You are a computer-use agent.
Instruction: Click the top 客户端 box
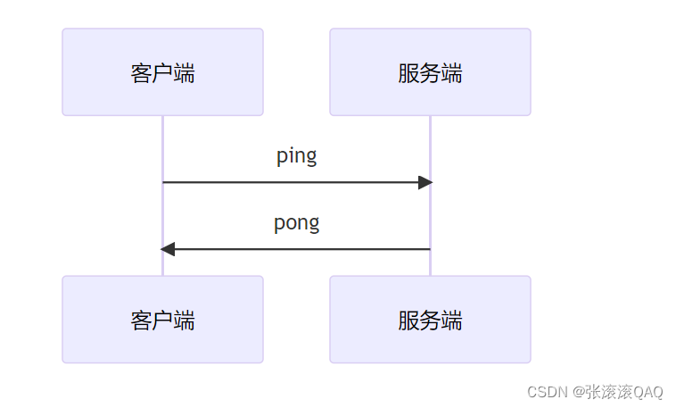[x=162, y=72]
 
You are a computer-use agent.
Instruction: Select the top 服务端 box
[x=430, y=72]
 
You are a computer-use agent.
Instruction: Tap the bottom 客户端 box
[x=162, y=320]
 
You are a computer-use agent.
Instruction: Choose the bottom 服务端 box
[x=430, y=320]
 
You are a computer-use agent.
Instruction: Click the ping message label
[x=296, y=156]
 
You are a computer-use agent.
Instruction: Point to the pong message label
[x=296, y=223]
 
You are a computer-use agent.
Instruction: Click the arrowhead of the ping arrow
[x=425, y=182]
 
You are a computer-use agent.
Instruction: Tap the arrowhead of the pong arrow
[x=168, y=249]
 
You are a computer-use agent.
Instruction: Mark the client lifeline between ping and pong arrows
[x=162, y=215]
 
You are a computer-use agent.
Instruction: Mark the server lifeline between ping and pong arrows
[x=430, y=215]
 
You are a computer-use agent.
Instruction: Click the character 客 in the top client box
[x=141, y=73]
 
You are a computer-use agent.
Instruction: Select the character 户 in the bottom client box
[x=162, y=321]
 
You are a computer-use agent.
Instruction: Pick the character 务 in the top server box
[x=430, y=73]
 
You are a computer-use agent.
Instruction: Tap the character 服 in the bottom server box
[x=408, y=321]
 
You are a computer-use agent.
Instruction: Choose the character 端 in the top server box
[x=451, y=73]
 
